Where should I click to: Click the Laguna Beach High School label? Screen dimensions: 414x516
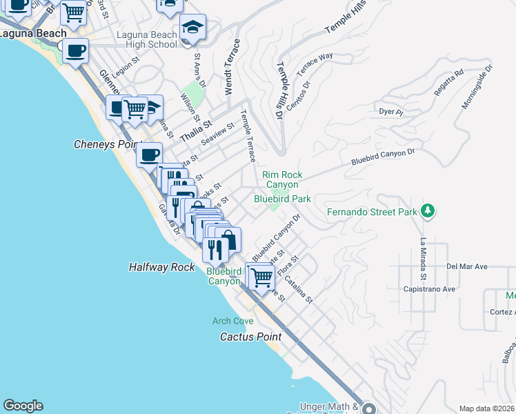point(147,39)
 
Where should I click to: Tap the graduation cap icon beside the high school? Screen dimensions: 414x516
point(192,28)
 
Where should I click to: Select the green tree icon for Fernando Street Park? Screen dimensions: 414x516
point(428,210)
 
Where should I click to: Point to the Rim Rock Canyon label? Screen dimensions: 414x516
point(282,179)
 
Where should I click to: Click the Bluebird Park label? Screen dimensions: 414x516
point(282,199)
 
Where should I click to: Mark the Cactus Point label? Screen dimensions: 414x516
point(250,337)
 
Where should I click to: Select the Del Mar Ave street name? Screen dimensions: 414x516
point(467,266)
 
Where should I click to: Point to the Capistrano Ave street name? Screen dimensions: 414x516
point(429,289)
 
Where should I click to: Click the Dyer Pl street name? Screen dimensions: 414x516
point(390,110)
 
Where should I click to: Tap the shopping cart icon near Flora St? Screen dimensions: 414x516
point(260,277)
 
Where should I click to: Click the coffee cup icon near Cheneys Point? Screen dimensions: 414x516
point(149,155)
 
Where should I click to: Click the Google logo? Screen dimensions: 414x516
point(23,406)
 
